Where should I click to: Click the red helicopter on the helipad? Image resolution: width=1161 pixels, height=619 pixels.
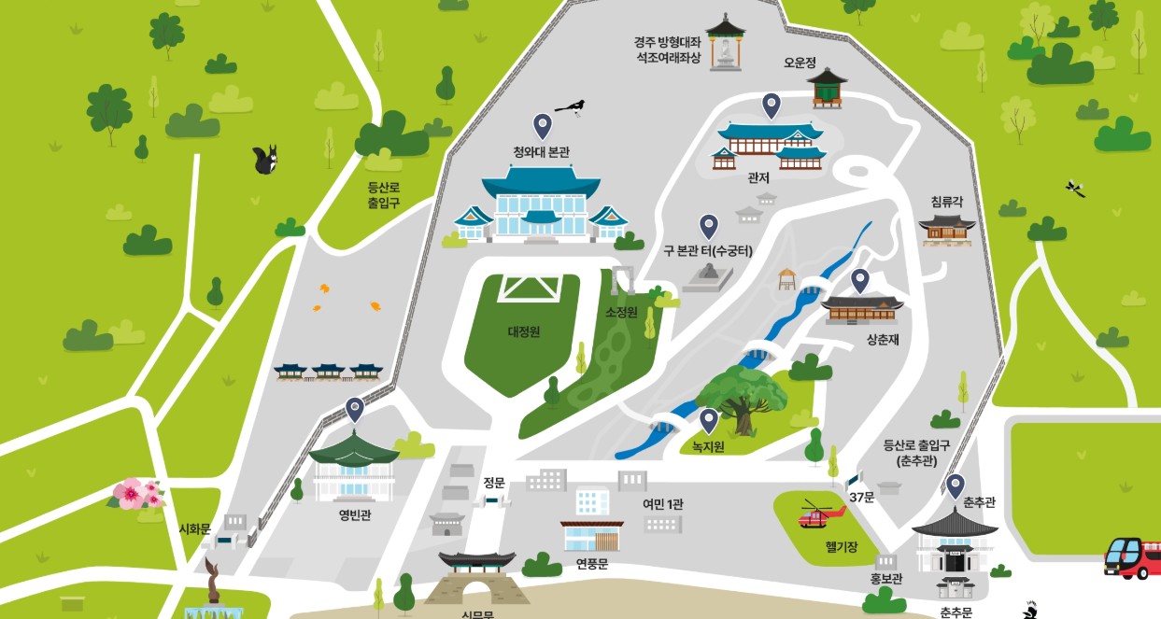click(819, 514)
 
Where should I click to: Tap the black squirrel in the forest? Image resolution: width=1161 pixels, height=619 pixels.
click(266, 161)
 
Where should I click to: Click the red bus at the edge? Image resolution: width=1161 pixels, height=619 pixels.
click(1132, 557)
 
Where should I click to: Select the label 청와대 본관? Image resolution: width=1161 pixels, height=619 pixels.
click(541, 152)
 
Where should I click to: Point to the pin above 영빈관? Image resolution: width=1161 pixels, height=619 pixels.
click(354, 409)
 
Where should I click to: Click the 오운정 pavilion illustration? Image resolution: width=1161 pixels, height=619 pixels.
click(826, 88)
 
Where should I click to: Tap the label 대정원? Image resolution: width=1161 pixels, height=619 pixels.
click(524, 331)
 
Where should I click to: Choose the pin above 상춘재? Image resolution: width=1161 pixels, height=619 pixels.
click(859, 280)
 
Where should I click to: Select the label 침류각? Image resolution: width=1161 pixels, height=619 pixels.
click(948, 201)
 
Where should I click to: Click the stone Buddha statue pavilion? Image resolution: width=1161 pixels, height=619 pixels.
click(724, 43)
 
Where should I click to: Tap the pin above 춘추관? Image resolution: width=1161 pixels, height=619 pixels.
click(955, 485)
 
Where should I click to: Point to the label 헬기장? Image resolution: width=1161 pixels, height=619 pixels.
click(841, 546)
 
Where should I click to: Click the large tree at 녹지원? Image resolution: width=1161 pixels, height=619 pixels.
click(741, 397)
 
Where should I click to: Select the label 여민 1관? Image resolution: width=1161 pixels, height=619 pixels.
click(662, 503)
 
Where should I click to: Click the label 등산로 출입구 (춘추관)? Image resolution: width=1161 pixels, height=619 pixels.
click(916, 453)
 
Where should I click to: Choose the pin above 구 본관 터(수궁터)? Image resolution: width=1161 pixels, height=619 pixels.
click(709, 226)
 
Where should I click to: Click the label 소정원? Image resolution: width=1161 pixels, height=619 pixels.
click(620, 311)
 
